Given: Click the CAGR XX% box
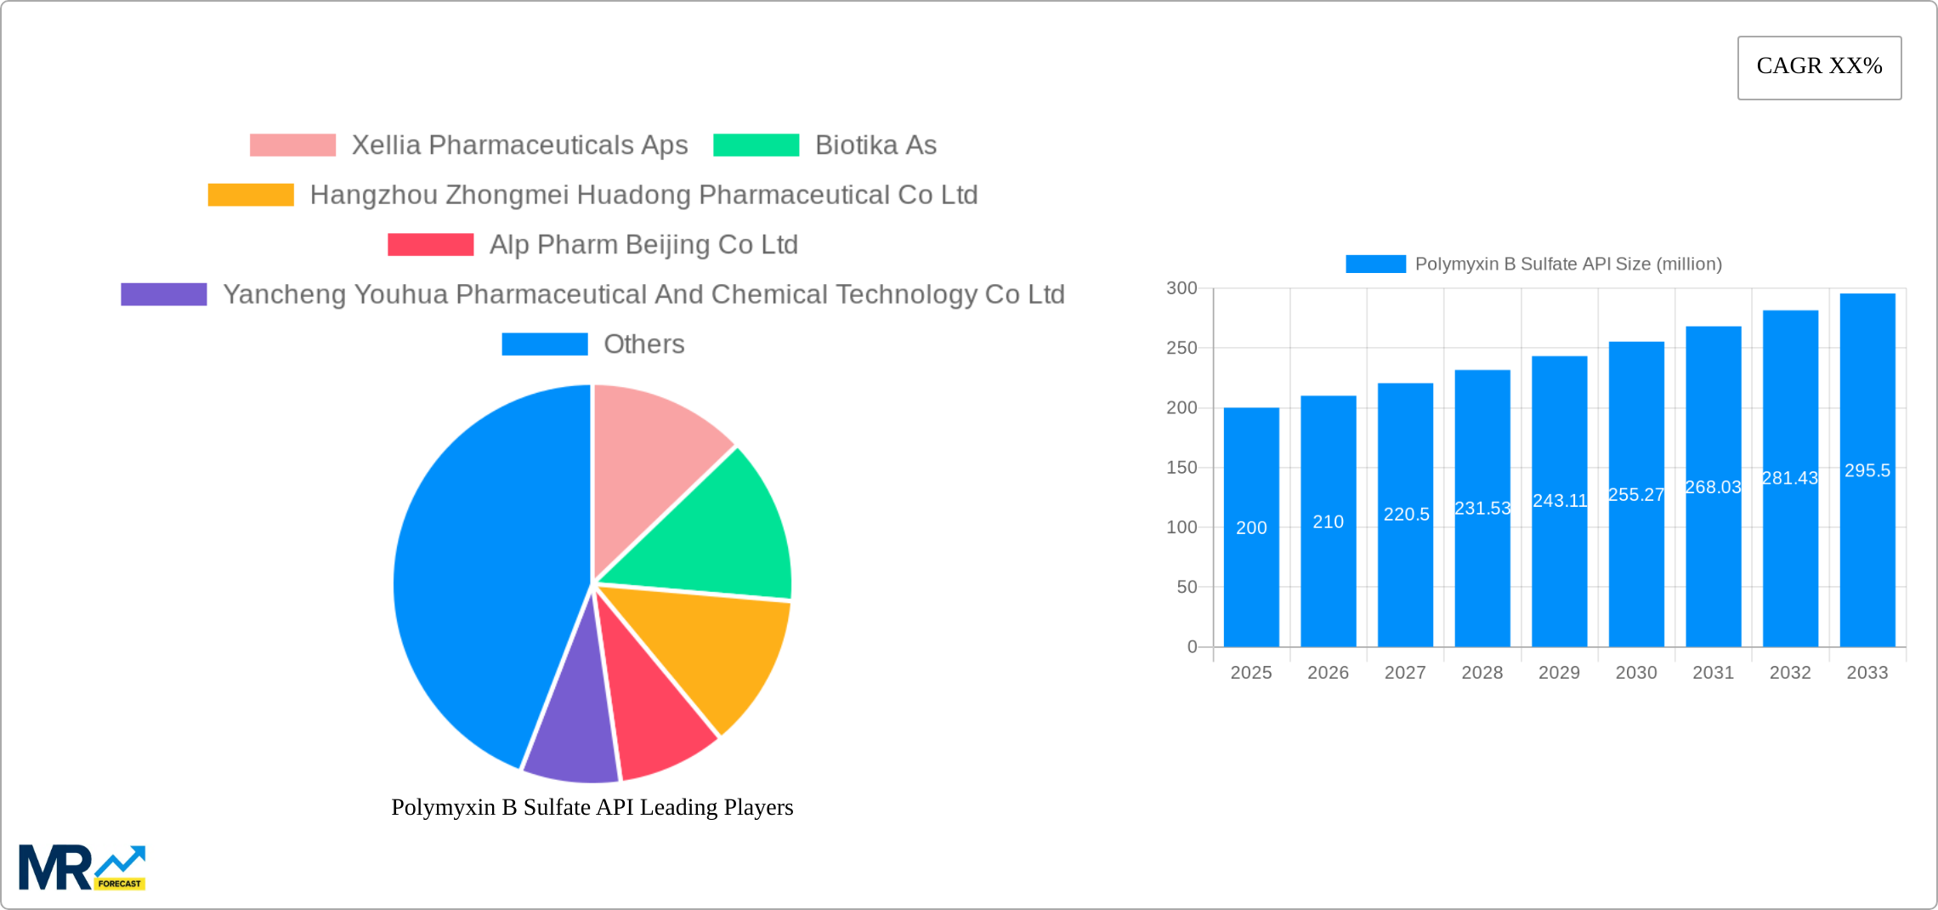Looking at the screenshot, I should (1819, 67).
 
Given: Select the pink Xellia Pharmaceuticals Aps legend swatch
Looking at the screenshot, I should (292, 145).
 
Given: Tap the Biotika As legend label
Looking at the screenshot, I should (875, 145).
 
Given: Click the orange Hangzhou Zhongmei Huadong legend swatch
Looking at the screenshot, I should (251, 195).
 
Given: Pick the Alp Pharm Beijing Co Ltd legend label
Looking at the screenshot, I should (643, 245).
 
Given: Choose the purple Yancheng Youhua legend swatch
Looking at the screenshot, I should (164, 294).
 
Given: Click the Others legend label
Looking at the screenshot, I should (643, 344).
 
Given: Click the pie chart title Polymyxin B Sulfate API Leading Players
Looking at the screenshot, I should (592, 807).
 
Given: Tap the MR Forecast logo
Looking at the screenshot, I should (82, 867).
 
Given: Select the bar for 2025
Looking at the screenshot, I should (1251, 527).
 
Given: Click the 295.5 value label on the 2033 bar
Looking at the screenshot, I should (1867, 470).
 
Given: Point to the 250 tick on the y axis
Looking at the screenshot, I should (1181, 348).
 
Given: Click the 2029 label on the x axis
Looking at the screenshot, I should (1559, 673).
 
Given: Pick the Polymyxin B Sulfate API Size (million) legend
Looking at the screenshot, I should (1534, 264).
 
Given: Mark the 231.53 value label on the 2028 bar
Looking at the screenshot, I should (1482, 509).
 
